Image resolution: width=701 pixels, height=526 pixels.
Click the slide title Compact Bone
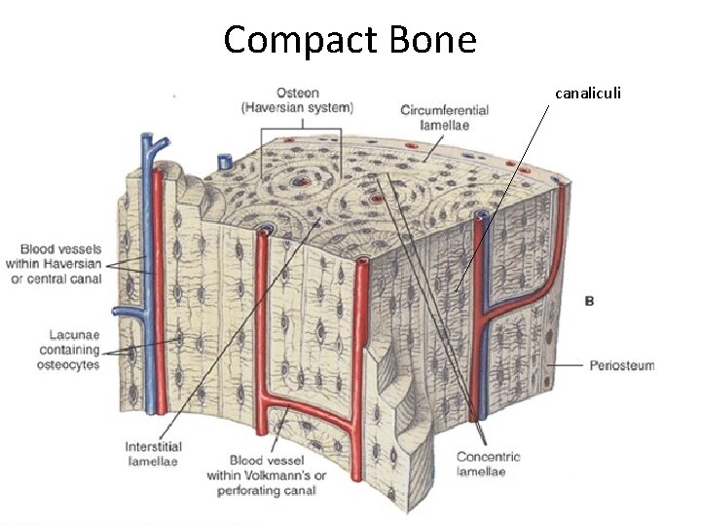pyautogui.click(x=350, y=40)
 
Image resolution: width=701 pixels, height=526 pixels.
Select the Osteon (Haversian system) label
pyautogui.click(x=297, y=100)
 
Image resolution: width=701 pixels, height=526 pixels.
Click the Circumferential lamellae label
pyautogui.click(x=444, y=117)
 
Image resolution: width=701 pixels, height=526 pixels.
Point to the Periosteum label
pyautogui.click(x=621, y=366)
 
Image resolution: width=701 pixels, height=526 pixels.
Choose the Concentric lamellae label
pyautogui.click(x=488, y=464)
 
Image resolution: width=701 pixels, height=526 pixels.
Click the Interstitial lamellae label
pyautogui.click(x=154, y=454)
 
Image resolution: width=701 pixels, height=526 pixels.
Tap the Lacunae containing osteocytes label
pyautogui.click(x=70, y=350)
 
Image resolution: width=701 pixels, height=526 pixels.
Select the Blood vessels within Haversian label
pyautogui.click(x=66, y=264)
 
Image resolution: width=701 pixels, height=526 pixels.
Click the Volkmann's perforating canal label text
pyautogui.click(x=266, y=475)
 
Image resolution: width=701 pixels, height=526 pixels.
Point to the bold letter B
pyautogui.click(x=590, y=301)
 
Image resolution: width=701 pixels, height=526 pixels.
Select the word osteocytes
pyautogui.click(x=70, y=364)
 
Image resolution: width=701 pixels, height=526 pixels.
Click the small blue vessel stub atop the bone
pyautogui.click(x=223, y=159)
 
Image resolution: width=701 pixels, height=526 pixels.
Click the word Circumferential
pyautogui.click(x=444, y=110)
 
